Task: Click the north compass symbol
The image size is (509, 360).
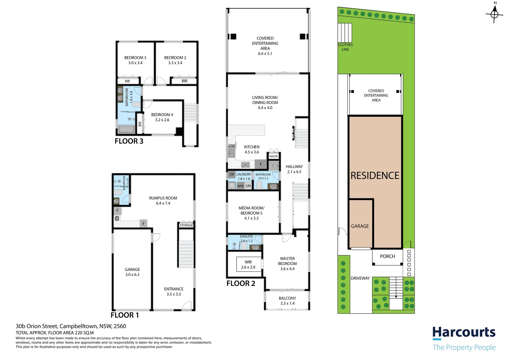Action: [494, 14]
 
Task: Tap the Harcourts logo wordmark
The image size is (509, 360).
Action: [464, 332]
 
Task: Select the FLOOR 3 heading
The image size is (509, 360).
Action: [129, 141]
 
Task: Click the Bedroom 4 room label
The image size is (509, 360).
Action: [162, 117]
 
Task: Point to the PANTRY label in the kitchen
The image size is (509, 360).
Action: [274, 156]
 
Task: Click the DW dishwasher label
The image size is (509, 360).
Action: [232, 146]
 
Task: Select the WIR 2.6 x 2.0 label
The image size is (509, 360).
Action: [248, 265]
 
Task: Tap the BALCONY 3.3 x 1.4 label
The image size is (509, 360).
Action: [287, 301]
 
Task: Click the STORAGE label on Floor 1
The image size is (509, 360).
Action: [186, 225]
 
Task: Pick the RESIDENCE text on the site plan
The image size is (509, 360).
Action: [375, 176]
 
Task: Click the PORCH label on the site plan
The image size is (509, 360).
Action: [387, 256]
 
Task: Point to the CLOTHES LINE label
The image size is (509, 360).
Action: [345, 47]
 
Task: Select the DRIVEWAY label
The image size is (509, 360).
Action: [360, 278]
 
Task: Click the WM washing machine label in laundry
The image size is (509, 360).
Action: [241, 186]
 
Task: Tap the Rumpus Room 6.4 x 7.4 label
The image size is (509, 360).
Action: [163, 200]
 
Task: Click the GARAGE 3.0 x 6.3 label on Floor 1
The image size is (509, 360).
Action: [132, 272]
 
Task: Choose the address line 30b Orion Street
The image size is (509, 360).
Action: [71, 326]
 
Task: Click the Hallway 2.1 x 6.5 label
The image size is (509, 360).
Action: [294, 169]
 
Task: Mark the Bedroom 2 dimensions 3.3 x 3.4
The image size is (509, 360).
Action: [175, 63]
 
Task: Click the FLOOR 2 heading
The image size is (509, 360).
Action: [241, 283]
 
